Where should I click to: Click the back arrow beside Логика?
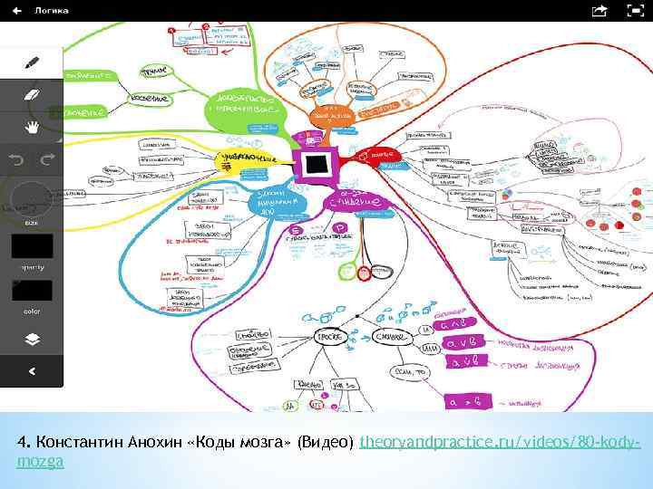17,11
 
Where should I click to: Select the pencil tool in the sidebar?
32,62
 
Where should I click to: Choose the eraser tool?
32,95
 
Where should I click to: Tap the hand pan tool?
32,126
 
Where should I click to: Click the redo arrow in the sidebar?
47,158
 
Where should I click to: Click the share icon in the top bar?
599,11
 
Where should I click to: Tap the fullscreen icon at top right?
636,11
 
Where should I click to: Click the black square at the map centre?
317,164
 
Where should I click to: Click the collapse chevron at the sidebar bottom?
32,370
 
